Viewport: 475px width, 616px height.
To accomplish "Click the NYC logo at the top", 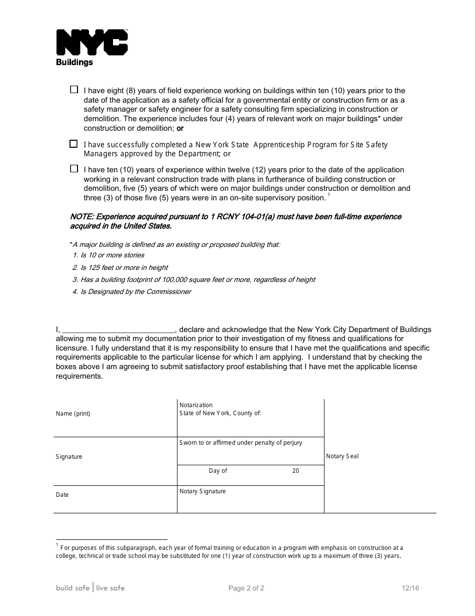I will (x=92, y=43).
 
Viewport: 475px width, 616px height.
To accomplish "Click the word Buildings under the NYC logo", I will (x=74, y=63).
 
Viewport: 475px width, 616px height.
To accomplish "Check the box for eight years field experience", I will (x=74, y=90).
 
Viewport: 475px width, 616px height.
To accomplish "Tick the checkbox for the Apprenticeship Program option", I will (x=73, y=144).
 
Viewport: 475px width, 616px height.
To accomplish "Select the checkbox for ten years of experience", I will (x=74, y=169).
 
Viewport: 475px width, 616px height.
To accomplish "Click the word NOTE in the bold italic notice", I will (x=81, y=217).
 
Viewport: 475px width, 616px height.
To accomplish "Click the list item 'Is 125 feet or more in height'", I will (x=124, y=267).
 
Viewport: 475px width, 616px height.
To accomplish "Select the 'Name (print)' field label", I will (x=73, y=414).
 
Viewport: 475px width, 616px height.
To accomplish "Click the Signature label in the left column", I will (x=69, y=457).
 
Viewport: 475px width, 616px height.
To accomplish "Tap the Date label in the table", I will (x=62, y=495).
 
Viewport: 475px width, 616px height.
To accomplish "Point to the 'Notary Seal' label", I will (x=342, y=456).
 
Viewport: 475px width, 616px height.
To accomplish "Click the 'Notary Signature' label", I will (x=202, y=491).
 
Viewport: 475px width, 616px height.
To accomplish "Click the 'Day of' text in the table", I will (x=218, y=471).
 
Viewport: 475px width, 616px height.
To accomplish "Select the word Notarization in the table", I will (x=196, y=405).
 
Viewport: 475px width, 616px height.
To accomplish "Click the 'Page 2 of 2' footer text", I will (x=246, y=588).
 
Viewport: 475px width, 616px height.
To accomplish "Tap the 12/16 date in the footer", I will (x=410, y=588).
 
